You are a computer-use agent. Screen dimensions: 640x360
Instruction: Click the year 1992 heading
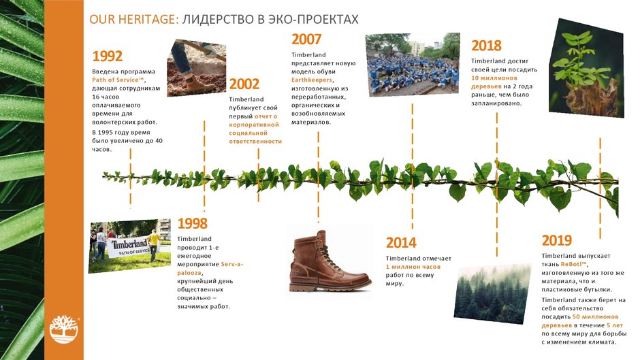point(108,56)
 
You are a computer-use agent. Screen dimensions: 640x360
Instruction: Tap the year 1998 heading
point(192,223)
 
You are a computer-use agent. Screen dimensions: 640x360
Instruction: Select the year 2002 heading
point(244,84)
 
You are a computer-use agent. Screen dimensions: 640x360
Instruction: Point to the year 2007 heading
point(306,39)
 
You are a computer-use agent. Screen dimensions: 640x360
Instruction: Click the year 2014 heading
point(401,242)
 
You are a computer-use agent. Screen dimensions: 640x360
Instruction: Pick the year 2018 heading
point(486,46)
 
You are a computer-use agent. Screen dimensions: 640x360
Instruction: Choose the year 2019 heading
point(557,240)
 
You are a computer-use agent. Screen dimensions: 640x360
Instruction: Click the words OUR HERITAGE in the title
point(134,19)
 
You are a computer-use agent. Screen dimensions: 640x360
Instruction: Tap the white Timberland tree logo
point(64,329)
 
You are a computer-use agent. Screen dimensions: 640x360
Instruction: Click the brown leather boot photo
point(330,261)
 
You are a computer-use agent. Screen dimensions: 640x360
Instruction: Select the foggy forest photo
point(493,293)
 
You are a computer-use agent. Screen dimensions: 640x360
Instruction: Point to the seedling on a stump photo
point(586,68)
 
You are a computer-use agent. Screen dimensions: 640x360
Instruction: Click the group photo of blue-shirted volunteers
point(413,65)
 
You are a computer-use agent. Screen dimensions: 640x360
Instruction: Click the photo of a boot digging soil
point(196,68)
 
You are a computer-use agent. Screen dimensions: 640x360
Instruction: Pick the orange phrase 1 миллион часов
point(413,267)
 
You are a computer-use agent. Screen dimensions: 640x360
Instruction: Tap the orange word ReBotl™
point(573,265)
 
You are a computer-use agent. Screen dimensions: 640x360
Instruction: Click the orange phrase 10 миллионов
point(494,78)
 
